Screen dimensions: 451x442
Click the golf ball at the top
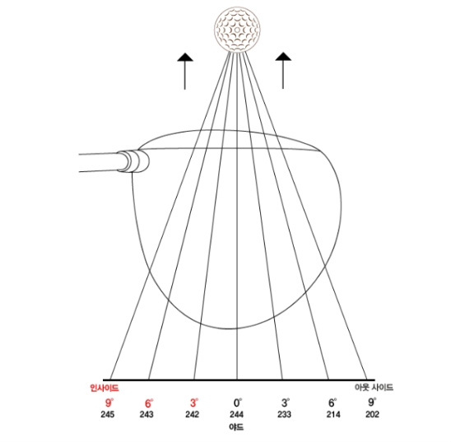coord(237,30)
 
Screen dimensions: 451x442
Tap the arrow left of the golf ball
coord(184,71)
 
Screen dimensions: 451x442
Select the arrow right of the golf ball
coord(283,71)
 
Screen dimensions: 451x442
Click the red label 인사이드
coord(105,388)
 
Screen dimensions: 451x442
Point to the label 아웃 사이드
coord(374,388)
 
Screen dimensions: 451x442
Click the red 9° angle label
coord(109,402)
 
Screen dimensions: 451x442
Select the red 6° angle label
coord(149,403)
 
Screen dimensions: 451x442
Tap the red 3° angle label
coord(194,402)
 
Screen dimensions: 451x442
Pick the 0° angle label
coord(238,402)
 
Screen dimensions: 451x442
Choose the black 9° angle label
coord(372,402)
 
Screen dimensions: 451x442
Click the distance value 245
coord(107,414)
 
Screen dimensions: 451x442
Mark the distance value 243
coord(146,414)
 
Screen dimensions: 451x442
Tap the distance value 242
coord(192,414)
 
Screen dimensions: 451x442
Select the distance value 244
coord(236,414)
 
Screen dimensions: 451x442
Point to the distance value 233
coord(284,414)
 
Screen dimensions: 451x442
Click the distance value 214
coord(333,414)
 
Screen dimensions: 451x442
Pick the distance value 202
coord(372,414)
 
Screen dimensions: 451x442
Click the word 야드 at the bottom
coord(236,427)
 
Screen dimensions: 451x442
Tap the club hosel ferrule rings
coord(133,161)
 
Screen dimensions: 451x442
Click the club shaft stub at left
coord(99,162)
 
